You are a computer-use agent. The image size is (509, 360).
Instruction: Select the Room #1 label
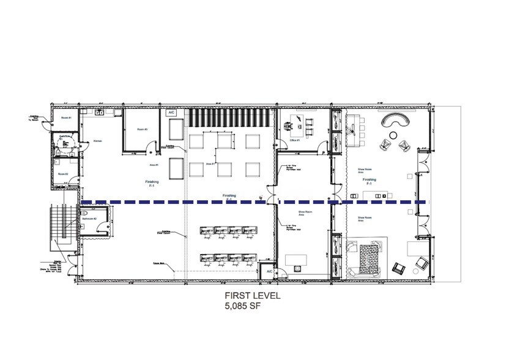tap(65, 117)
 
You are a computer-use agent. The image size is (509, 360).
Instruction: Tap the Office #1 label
tap(294, 140)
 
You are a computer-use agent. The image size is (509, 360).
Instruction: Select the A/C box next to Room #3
tap(172, 113)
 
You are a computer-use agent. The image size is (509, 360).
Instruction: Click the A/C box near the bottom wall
tap(267, 271)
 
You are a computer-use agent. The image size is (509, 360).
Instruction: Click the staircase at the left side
tap(63, 224)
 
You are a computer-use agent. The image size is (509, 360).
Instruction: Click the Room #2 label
tap(62, 174)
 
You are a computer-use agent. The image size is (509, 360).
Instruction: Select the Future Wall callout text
tap(160, 263)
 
